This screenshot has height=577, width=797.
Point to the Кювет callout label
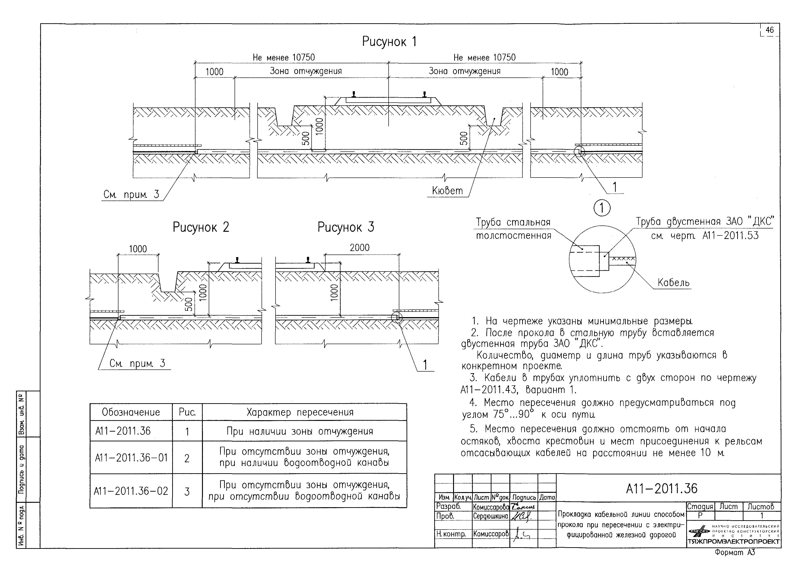[x=447, y=191]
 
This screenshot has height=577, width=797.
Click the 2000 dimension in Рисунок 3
[x=360, y=248]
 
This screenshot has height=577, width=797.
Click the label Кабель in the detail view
[x=673, y=282]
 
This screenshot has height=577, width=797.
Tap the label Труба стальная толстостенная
[x=513, y=229]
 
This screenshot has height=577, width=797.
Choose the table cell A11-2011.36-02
[x=131, y=491]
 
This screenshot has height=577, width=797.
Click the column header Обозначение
[x=131, y=412]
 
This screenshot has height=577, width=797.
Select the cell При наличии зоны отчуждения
[x=300, y=431]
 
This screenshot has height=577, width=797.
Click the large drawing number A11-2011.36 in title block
[x=662, y=488]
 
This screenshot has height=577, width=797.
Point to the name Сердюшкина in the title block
[x=490, y=516]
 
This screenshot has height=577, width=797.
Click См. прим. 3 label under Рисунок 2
[x=137, y=363]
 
